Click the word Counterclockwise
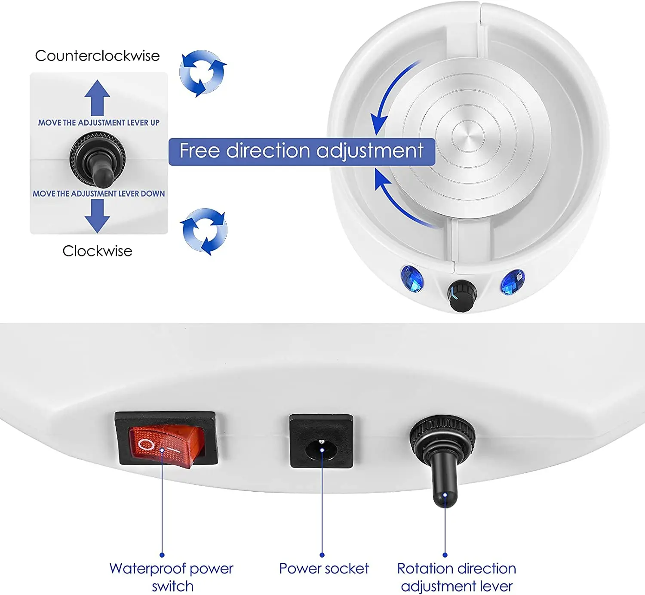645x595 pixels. coord(98,56)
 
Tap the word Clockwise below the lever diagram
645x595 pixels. coord(98,251)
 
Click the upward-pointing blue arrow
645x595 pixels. coord(97,98)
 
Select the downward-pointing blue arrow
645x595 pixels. coord(97,216)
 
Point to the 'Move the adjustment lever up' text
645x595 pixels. coord(99,123)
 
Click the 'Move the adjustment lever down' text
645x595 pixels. coord(99,193)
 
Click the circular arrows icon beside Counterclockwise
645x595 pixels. coord(203,73)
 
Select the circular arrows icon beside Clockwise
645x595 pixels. coord(204,231)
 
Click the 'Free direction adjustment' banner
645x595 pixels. coord(302,151)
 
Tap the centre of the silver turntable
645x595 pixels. coord(468,136)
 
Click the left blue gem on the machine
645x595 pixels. coord(412,279)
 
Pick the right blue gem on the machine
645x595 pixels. coord(513,282)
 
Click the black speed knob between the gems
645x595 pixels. coord(462,295)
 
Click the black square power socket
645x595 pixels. coord(321,441)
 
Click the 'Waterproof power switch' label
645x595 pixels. coord(172,577)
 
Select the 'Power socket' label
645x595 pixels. coord(324,569)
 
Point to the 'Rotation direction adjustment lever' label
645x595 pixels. coord(457,577)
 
